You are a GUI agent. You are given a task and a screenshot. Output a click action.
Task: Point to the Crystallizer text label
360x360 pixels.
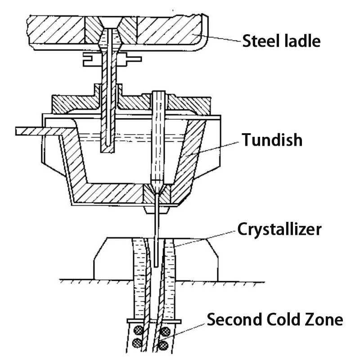279,229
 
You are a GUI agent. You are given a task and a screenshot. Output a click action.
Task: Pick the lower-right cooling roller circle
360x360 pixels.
164,346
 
